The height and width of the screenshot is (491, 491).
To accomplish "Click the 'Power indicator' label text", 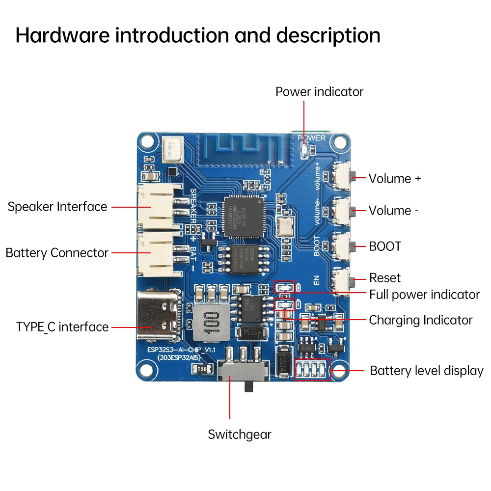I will pos(319,92).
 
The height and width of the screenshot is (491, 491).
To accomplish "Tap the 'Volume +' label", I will pos(395,178).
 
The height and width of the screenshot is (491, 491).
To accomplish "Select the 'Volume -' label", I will pos(393,211).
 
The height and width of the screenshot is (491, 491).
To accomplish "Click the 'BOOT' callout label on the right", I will pos(385,246).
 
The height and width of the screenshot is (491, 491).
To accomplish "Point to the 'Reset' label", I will pos(385,278).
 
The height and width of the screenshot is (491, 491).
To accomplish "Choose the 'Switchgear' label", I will pos(240,435).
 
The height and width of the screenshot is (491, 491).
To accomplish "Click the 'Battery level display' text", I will pos(426,371).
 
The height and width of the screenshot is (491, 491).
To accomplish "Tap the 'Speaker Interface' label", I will pos(57,207).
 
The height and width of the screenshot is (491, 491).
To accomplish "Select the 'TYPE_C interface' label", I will pos(62,327).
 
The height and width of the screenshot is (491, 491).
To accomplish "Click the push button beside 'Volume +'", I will pos(344,175).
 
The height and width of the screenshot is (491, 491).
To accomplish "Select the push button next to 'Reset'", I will pos(344,280).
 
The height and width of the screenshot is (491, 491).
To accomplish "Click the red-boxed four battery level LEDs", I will pos(313,369).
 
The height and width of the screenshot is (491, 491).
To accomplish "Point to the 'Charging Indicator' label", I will pos(420,320).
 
